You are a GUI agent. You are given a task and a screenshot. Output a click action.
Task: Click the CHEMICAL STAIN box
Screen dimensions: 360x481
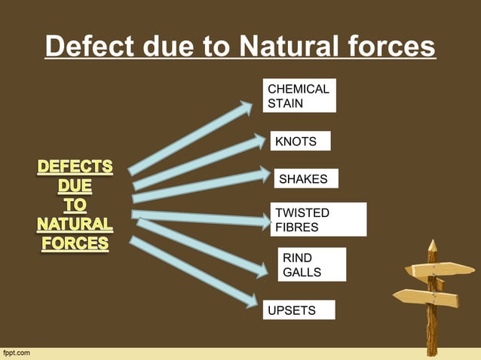click(299, 96)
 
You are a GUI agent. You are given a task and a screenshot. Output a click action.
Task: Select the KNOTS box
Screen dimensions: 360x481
click(300, 142)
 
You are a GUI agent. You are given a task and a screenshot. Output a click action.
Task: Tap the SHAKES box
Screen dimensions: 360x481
click(305, 178)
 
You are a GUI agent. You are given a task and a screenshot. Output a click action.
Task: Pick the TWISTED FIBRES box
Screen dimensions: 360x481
click(318, 219)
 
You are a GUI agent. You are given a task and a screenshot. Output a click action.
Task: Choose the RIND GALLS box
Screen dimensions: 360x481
click(312, 265)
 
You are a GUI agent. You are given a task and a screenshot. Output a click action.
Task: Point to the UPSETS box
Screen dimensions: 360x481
click(299, 310)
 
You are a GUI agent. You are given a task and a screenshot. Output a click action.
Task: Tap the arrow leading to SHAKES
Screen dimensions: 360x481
click(200, 186)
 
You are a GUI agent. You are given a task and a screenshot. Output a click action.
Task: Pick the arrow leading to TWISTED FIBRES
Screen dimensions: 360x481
click(201, 218)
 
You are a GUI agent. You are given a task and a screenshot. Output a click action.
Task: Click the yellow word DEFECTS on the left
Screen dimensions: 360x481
click(75, 166)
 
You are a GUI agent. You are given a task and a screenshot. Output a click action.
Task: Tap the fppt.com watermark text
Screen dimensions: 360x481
click(17, 352)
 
